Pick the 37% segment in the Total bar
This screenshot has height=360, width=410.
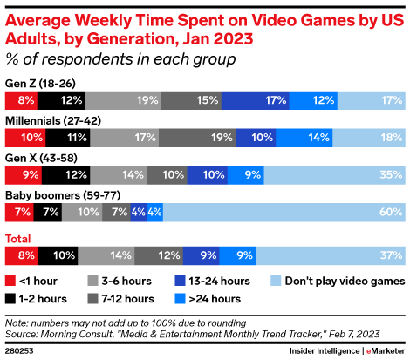[x=331, y=255]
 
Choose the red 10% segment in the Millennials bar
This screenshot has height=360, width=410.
[x=25, y=138]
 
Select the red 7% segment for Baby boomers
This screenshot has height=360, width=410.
[x=19, y=212]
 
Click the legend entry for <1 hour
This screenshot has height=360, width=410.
[x=34, y=281]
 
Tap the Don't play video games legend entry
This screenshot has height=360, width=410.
[x=340, y=281]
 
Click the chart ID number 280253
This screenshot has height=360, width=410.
[x=20, y=351]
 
